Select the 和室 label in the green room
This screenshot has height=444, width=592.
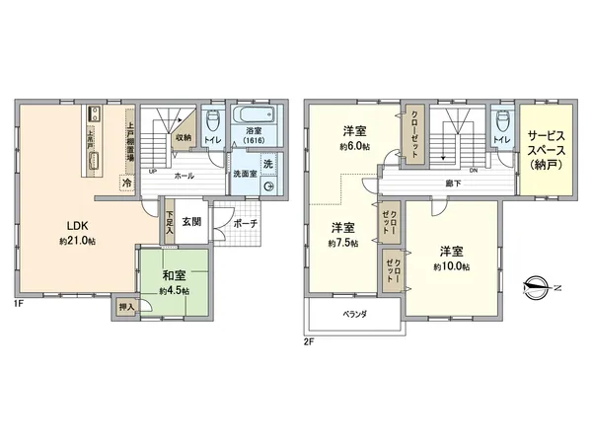pos(171,275)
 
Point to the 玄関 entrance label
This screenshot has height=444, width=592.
pos(191,222)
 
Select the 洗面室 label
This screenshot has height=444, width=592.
pos(245,175)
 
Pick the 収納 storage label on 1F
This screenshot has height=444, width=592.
pos(185,137)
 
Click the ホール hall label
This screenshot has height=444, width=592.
pos(184,176)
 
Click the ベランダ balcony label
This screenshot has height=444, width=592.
pos(353,314)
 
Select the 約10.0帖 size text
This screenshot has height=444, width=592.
pos(451,266)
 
